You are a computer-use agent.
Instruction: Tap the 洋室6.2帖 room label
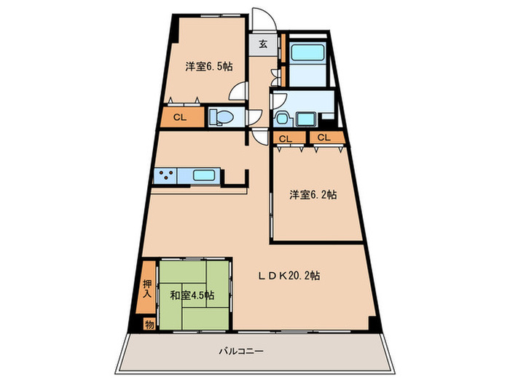tap(312, 194)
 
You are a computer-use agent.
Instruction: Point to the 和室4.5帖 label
tap(192, 295)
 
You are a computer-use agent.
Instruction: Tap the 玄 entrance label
tap(262, 44)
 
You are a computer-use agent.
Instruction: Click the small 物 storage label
tap(149, 324)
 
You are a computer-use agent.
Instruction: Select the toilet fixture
tap(221, 117)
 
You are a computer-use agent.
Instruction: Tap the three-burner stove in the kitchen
tap(165, 175)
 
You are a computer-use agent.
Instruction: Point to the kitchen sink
tap(204, 175)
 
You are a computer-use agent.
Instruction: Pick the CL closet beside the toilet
tap(177, 116)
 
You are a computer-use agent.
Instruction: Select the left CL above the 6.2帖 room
tap(286, 138)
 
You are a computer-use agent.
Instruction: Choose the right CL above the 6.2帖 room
tap(323, 138)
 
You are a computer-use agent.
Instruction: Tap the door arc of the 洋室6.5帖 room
tap(238, 92)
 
